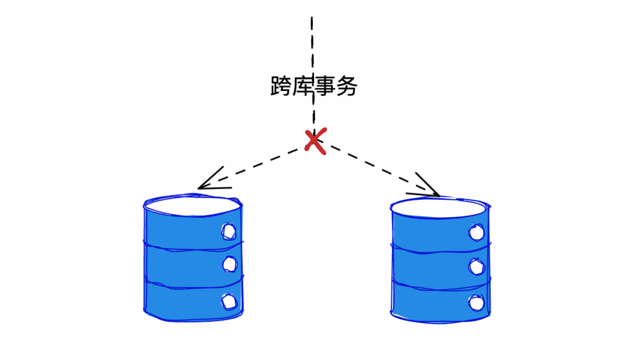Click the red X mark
(316, 141)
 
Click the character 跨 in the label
(281, 86)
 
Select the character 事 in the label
(325, 86)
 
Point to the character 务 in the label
(346, 86)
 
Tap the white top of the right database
(440, 208)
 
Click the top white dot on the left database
(229, 232)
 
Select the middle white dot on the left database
(230, 265)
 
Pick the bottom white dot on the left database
(229, 302)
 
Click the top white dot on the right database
(476, 233)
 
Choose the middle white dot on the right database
(476, 266)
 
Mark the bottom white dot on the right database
(476, 303)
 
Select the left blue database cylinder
(193, 258)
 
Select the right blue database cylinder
(441, 260)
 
